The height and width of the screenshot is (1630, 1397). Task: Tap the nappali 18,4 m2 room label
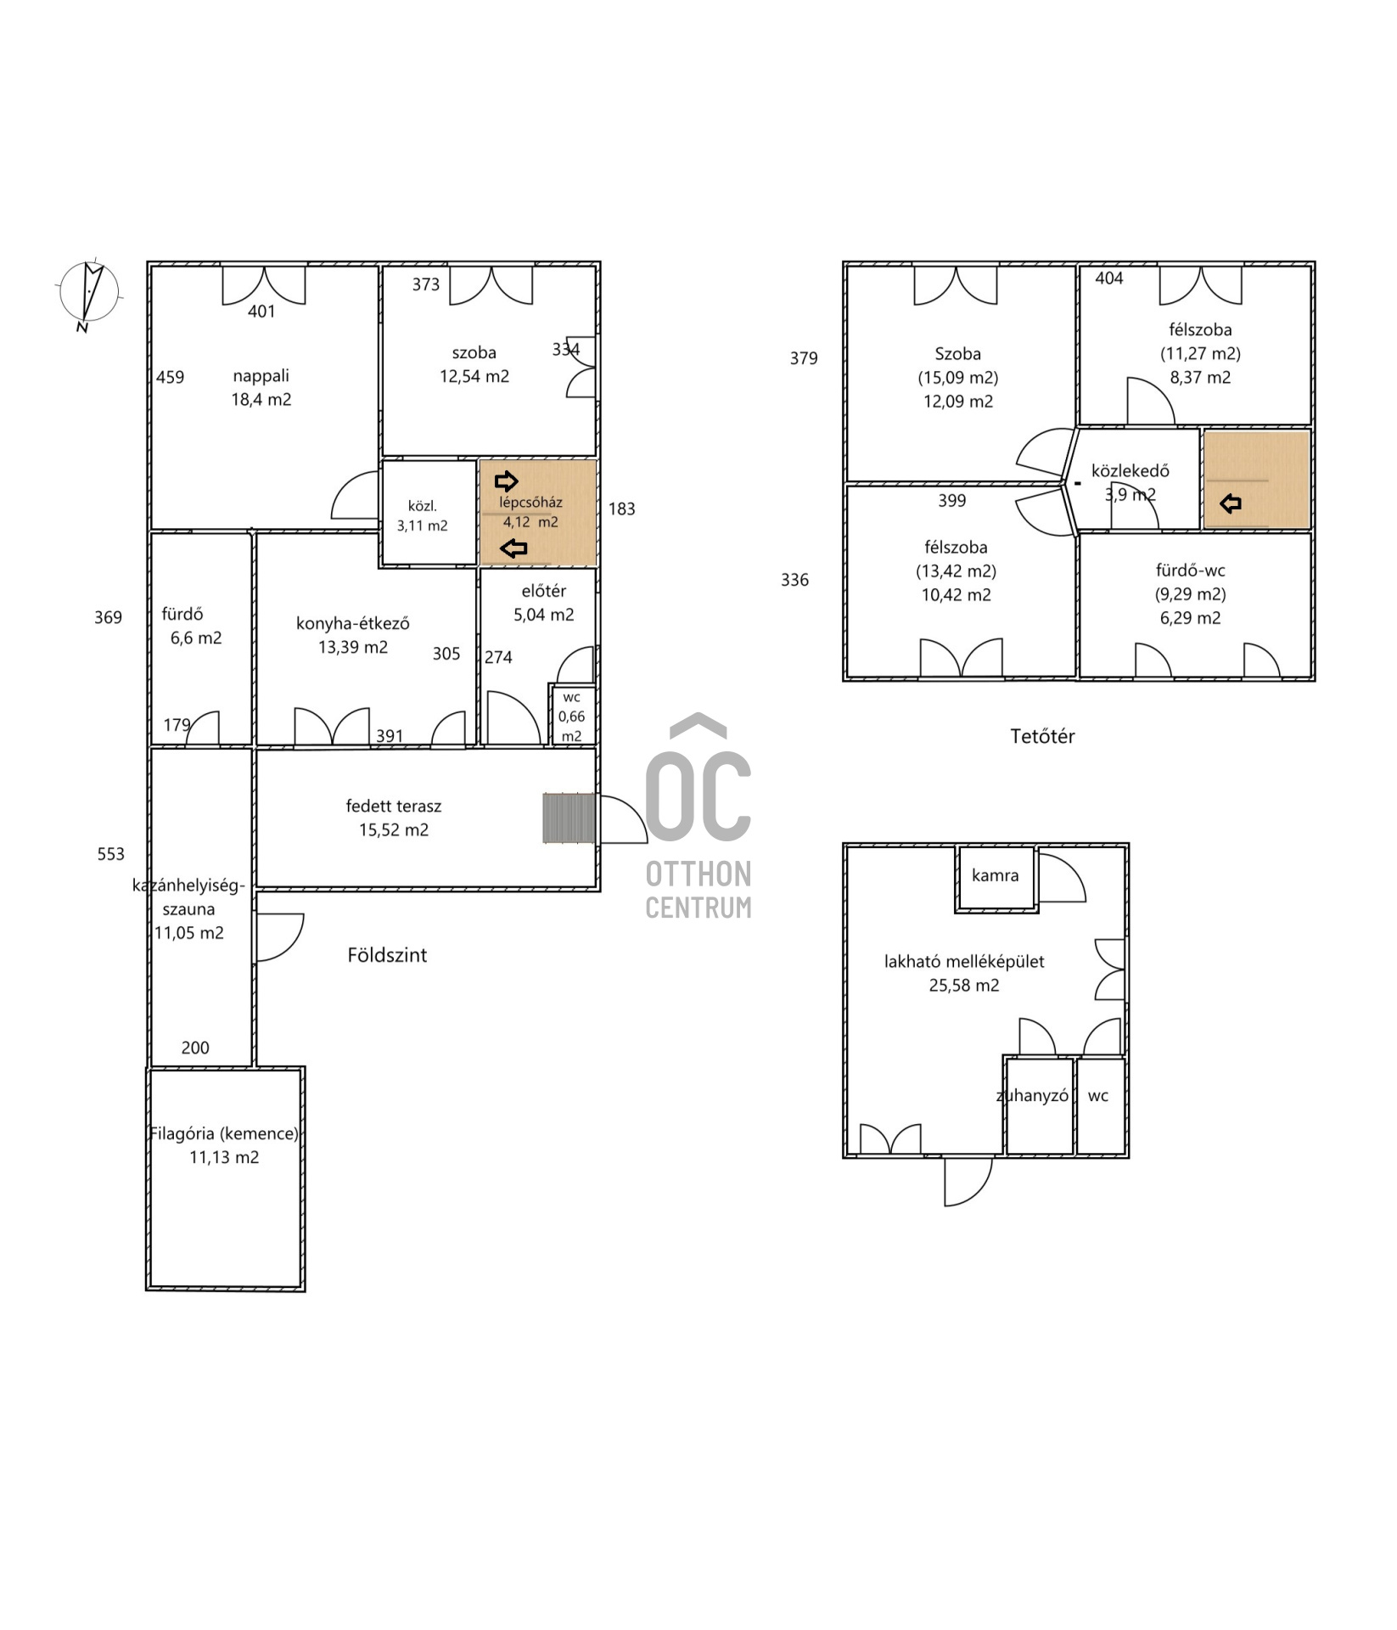tap(261, 387)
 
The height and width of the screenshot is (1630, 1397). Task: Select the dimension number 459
tap(170, 377)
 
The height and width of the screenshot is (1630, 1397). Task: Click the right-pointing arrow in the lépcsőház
tap(507, 481)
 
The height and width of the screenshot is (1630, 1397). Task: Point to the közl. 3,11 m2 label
tap(423, 515)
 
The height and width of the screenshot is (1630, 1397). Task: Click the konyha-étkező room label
tap(353, 623)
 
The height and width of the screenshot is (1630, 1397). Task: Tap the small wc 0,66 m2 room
tap(572, 716)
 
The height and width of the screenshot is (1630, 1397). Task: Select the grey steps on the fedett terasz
tap(569, 818)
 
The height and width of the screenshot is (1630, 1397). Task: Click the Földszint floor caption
tap(387, 955)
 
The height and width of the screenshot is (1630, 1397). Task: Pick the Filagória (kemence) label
tap(224, 1133)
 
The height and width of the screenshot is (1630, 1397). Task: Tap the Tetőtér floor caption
tap(1042, 736)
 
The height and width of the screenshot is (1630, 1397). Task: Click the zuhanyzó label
tap(1032, 1096)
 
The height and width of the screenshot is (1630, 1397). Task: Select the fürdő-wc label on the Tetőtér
tap(1191, 570)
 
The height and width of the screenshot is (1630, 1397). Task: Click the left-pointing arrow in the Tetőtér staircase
tap(1231, 504)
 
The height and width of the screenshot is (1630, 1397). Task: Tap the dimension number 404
tap(1109, 278)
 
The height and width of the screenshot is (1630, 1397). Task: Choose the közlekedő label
tap(1131, 470)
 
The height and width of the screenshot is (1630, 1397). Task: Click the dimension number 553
tap(111, 854)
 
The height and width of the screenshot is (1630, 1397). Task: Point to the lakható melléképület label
tap(964, 962)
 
